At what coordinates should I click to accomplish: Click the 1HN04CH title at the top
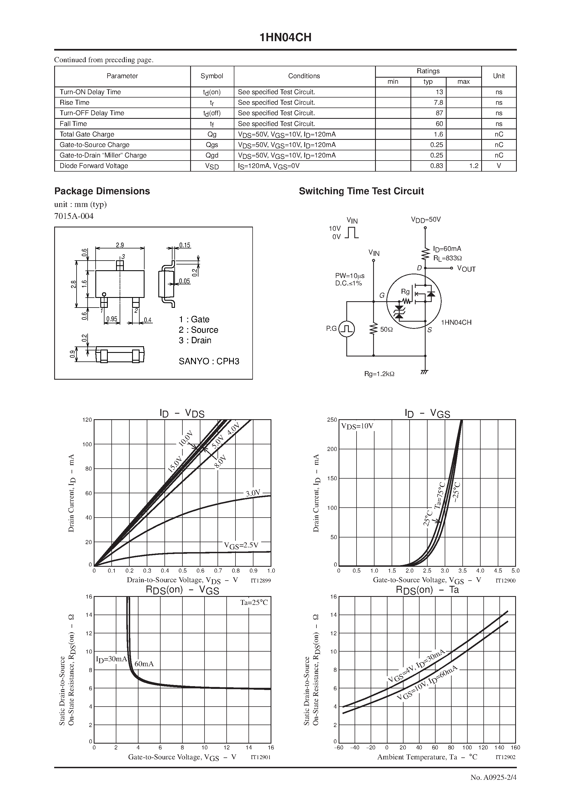285,38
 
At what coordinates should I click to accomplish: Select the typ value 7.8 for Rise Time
438,103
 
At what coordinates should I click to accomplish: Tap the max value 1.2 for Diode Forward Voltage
473,166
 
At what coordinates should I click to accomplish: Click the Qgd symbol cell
212,155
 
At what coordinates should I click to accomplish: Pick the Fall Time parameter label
73,124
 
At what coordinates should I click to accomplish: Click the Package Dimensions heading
102,191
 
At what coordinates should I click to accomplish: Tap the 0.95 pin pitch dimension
112,319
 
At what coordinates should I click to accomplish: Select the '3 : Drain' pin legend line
195,340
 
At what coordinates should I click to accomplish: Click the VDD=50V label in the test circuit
426,220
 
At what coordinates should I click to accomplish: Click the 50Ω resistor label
386,329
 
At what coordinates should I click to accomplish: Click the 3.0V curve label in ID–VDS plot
253,493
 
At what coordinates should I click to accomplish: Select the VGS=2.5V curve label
241,545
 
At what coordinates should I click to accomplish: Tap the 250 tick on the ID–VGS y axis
332,419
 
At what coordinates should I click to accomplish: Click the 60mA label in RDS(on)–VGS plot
144,664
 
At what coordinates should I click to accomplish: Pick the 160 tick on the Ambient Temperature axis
515,747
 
